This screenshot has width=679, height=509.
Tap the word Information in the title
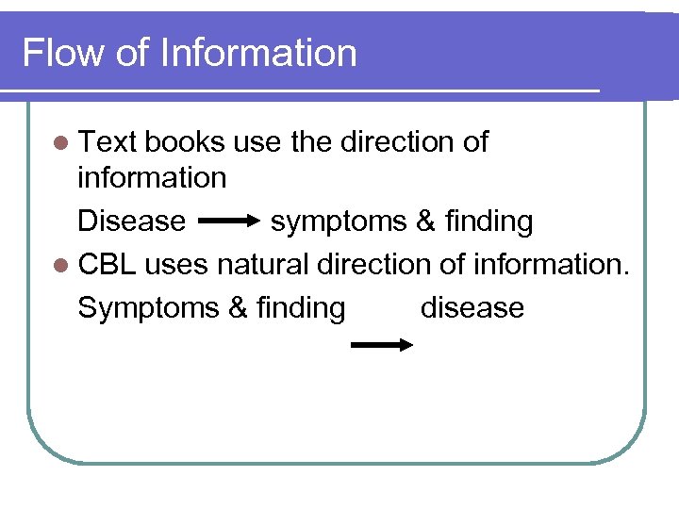pos(258,53)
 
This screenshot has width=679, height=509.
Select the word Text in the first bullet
pos(108,142)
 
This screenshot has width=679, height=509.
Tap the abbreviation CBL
pos(108,264)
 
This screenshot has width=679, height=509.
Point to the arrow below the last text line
pos(382,346)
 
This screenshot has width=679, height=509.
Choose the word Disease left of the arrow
pos(131,222)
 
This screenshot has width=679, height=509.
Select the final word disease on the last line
pos(472,307)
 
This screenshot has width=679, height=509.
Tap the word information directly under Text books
pos(152,177)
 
